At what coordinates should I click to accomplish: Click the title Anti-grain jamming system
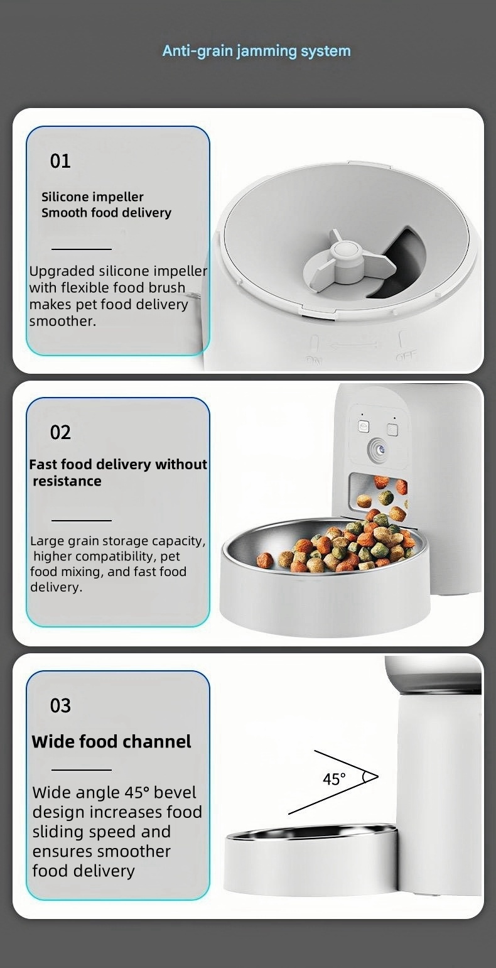(256, 51)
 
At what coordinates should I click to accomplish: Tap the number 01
(60, 161)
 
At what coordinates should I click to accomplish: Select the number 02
(60, 433)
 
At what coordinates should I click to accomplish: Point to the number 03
(60, 705)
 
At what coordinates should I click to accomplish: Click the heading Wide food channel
(111, 742)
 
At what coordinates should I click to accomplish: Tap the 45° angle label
(334, 780)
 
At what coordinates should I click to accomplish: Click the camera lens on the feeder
(377, 450)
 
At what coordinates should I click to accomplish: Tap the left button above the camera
(364, 427)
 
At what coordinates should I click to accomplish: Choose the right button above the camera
(392, 430)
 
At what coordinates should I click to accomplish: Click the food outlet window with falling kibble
(378, 496)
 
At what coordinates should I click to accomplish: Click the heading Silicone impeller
(92, 197)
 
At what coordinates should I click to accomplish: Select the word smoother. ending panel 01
(62, 322)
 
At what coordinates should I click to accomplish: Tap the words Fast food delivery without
(118, 465)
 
